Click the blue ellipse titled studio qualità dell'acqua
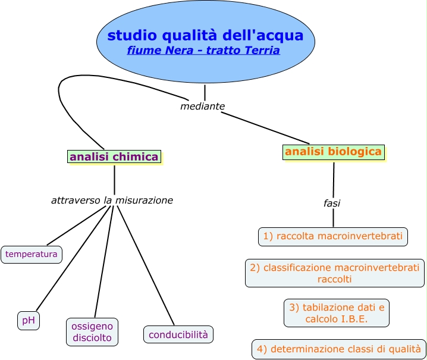coord(205,24)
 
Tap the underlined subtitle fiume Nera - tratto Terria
coord(203,51)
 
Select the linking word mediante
coord(202,107)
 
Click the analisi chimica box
coord(114,157)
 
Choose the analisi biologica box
coord(333,152)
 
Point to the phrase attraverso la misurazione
coord(112,201)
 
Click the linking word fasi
coord(332,204)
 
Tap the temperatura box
coord(32,255)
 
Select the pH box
coord(28,321)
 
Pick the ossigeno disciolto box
coord(92,332)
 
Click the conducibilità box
coord(178,334)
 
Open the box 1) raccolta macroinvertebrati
coord(333,236)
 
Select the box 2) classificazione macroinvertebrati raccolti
coord(335,273)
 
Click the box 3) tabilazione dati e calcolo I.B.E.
coord(337,313)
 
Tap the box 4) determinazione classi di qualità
coord(338,349)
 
